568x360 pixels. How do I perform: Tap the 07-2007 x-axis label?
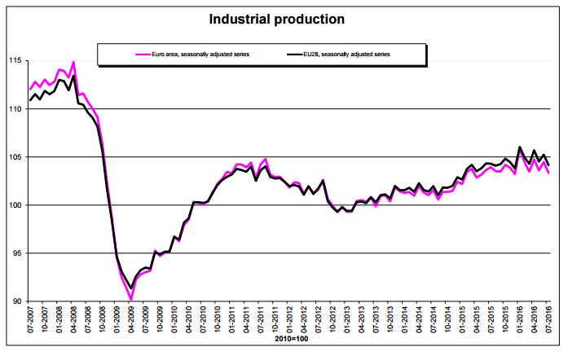(30, 323)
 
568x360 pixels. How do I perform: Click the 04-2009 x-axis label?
(133, 323)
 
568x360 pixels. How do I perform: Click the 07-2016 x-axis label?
(548, 323)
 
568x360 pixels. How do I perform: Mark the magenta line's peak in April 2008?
(74, 62)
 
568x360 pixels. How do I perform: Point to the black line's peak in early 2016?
(520, 147)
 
